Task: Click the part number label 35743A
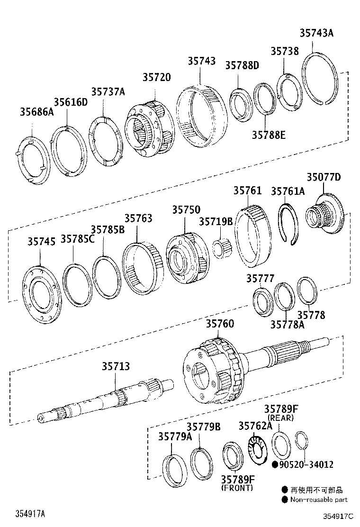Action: tap(316, 33)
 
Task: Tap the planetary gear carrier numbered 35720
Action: tap(149, 128)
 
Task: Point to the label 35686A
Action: tap(36, 112)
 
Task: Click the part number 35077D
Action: tap(324, 177)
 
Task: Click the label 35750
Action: tap(186, 210)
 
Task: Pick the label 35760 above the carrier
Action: tap(220, 324)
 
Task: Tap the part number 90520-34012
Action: tap(305, 465)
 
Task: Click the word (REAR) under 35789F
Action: tap(281, 418)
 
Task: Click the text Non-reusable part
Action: tap(319, 500)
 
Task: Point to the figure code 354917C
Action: tap(339, 516)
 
